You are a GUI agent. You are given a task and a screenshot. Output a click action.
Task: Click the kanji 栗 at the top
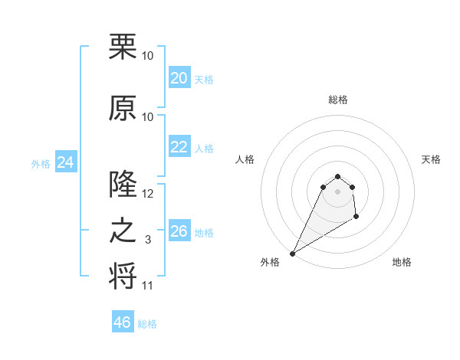123,47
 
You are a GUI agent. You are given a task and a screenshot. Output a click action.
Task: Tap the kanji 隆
123,185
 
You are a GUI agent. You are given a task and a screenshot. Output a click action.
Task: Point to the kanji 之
123,231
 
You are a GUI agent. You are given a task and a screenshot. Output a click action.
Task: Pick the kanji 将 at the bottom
123,277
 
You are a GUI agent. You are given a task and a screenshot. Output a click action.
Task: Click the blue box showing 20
179,78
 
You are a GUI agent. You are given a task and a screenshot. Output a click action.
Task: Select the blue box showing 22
179,147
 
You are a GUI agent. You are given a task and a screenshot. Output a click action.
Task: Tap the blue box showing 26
179,231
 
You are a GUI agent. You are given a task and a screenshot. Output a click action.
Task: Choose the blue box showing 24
65,162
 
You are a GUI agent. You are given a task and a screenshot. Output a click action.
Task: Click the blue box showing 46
123,322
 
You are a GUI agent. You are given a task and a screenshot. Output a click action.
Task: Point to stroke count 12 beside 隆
148,194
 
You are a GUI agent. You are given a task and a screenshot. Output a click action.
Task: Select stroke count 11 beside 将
147,286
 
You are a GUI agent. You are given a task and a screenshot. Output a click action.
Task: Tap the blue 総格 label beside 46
147,324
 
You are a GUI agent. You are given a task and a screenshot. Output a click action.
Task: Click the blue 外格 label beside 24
41,164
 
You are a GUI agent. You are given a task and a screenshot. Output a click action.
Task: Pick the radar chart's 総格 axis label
338,100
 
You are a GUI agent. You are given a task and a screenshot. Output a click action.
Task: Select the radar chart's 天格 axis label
432,159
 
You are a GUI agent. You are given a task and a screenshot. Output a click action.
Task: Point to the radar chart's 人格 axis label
245,159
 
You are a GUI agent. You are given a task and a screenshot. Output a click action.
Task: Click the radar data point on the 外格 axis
292,253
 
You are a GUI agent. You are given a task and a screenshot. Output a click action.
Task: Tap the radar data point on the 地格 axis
356,218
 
